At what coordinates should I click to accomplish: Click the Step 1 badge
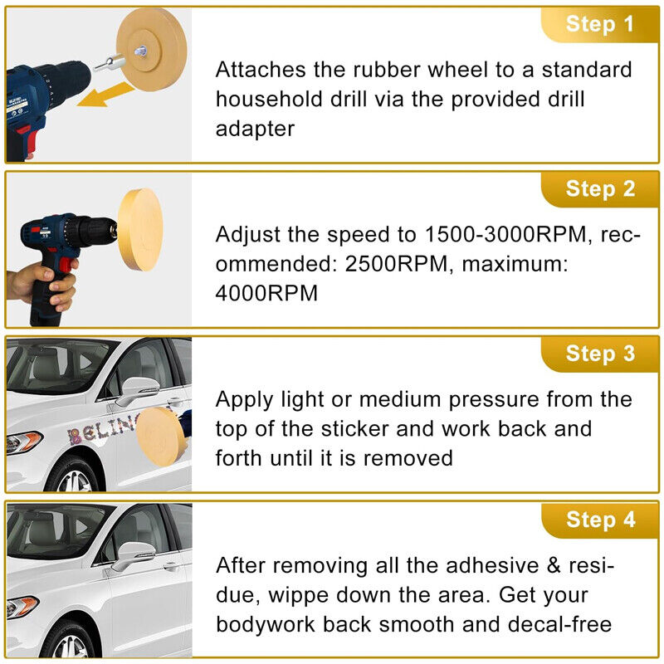(x=600, y=25)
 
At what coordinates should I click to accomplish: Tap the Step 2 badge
(x=600, y=189)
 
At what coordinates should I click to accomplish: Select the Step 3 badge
(x=600, y=354)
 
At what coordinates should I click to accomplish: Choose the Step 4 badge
(x=600, y=520)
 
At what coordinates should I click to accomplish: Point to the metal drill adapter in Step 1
(x=109, y=64)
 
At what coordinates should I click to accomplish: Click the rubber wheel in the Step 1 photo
(x=151, y=50)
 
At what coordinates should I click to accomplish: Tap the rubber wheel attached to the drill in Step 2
(x=140, y=230)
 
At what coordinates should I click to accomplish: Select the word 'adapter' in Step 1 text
(x=255, y=129)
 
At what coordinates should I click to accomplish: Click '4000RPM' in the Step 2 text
(x=266, y=293)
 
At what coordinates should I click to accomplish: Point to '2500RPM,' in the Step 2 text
(x=399, y=264)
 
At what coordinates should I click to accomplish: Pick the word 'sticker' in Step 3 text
(x=354, y=428)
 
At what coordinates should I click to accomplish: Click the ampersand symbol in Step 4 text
(x=553, y=565)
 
